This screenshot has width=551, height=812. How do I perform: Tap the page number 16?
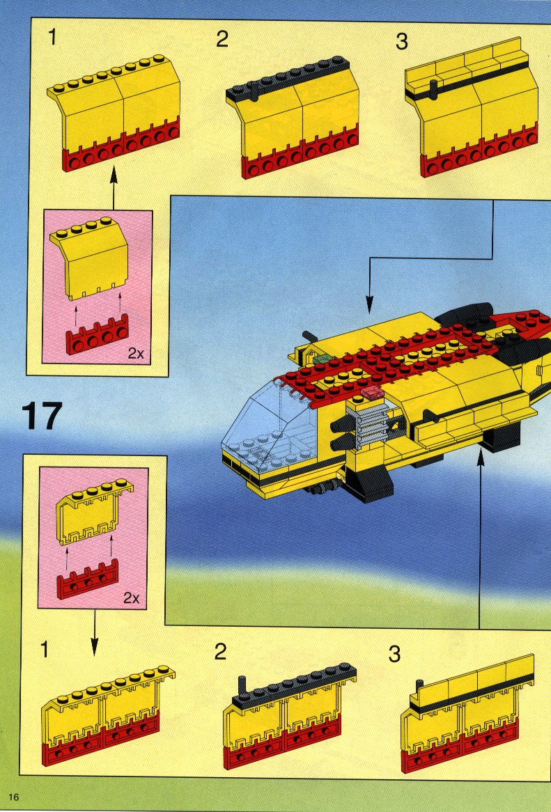(x=13, y=797)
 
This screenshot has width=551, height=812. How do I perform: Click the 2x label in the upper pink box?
(x=137, y=354)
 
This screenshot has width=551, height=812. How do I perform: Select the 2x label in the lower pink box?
(x=132, y=598)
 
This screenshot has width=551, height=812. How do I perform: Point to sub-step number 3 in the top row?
(x=401, y=42)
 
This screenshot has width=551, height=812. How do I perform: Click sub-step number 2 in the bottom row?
(x=221, y=651)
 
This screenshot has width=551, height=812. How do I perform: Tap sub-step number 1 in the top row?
(x=52, y=38)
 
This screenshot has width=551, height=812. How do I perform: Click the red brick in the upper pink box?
(x=98, y=335)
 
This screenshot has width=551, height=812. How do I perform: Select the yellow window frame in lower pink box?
(x=94, y=511)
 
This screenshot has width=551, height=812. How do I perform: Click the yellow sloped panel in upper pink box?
(x=89, y=258)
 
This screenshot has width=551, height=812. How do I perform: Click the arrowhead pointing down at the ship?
(x=369, y=305)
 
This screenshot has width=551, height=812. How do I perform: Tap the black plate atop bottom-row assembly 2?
(x=295, y=685)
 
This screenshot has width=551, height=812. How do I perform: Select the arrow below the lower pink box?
(x=94, y=632)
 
